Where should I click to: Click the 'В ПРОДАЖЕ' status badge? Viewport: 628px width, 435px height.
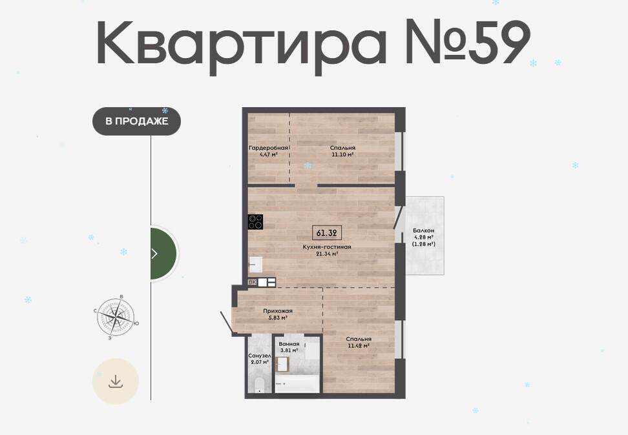coord(136,121)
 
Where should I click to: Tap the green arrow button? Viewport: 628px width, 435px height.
coord(163,253)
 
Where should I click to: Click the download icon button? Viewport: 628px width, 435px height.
coord(116,381)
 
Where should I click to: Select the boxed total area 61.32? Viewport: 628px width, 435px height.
coord(326,233)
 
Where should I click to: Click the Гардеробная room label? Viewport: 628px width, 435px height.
coord(268,148)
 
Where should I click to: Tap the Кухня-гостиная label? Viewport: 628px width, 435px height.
coord(327,247)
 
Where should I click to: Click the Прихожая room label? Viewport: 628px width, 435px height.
coord(278,311)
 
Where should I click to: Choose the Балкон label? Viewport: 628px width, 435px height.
coord(424,230)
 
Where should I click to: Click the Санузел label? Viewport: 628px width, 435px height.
coord(260,356)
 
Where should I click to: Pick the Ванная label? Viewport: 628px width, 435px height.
coord(289,344)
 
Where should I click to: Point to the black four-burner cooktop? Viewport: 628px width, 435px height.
coord(255,222)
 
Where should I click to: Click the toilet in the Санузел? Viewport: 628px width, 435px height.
coord(259,385)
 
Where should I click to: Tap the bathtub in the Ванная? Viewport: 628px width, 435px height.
coord(298,383)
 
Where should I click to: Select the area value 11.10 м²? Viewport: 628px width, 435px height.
coord(342,154)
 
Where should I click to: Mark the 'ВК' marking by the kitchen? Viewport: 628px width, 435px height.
coord(253,282)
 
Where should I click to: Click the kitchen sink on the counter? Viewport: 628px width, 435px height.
coord(255,264)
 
